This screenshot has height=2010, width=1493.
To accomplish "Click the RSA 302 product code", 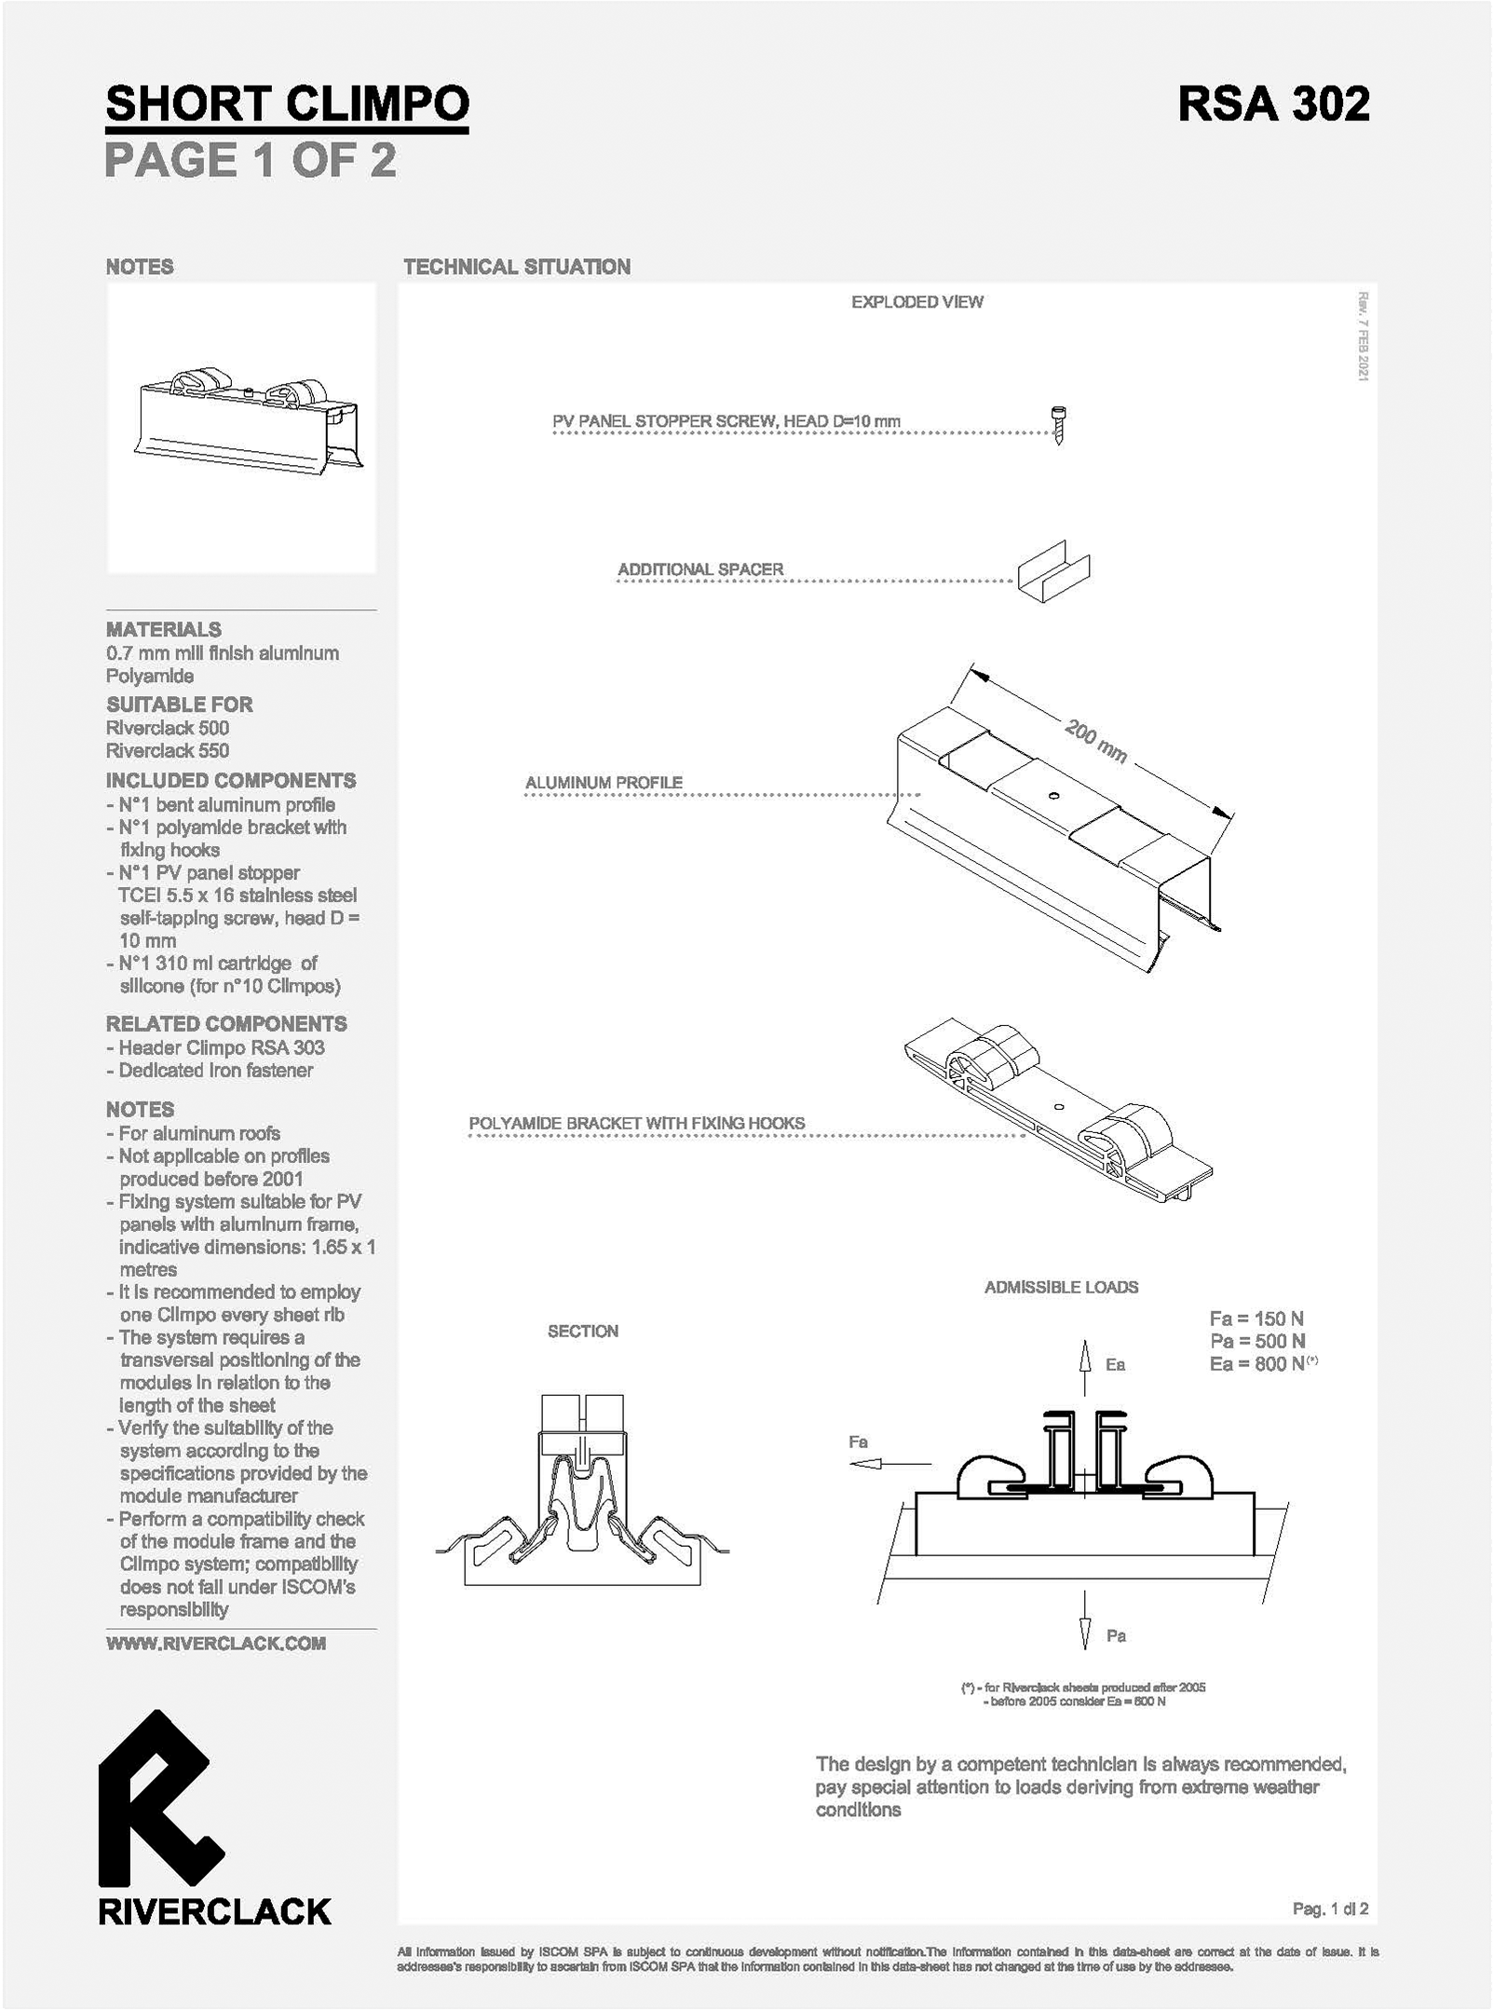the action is point(1273,103).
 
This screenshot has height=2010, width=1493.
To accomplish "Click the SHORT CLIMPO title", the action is point(287,103).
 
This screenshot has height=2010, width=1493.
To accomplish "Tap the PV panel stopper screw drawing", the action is point(1058,425).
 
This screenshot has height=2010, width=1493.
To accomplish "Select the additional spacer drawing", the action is point(1053,570).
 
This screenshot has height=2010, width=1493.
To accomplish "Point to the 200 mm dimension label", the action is point(1096,743).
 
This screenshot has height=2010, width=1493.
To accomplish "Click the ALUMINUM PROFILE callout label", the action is point(604,783).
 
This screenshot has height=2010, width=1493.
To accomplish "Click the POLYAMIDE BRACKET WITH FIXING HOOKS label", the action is point(636,1123).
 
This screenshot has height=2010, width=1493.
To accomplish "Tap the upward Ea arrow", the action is point(1084,1367).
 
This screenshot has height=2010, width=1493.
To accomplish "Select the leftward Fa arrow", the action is point(889,1464).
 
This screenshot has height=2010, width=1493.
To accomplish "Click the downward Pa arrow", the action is point(1085,1620).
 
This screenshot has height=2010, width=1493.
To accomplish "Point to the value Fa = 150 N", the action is point(1256,1319).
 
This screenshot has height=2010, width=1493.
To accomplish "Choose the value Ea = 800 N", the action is point(1256,1364).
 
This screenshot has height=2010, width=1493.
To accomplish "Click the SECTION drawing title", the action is point(583,1332).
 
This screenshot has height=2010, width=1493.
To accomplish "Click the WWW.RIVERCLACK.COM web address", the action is point(216,1643).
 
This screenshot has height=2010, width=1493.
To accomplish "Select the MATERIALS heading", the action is point(164,629).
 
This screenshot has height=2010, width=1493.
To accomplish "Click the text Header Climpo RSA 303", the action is point(222,1047).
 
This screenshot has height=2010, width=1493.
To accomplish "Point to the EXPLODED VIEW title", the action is point(917,302).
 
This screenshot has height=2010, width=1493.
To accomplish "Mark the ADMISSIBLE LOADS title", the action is point(1062,1287).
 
